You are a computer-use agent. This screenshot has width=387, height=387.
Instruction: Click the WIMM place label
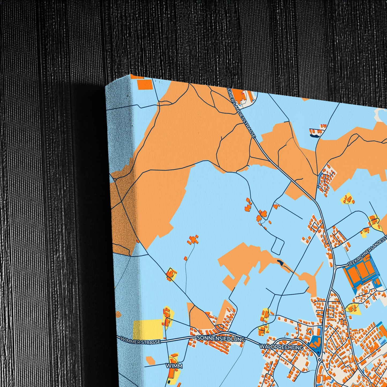tap(174, 366)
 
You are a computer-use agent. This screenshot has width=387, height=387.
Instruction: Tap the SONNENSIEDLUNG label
tap(221, 339)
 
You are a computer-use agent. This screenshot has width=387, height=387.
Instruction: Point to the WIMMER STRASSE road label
tap(140, 340)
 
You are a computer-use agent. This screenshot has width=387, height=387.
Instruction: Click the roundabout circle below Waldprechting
tap(320, 359)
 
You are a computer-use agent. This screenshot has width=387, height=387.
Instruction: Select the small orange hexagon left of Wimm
tap(150, 361)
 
